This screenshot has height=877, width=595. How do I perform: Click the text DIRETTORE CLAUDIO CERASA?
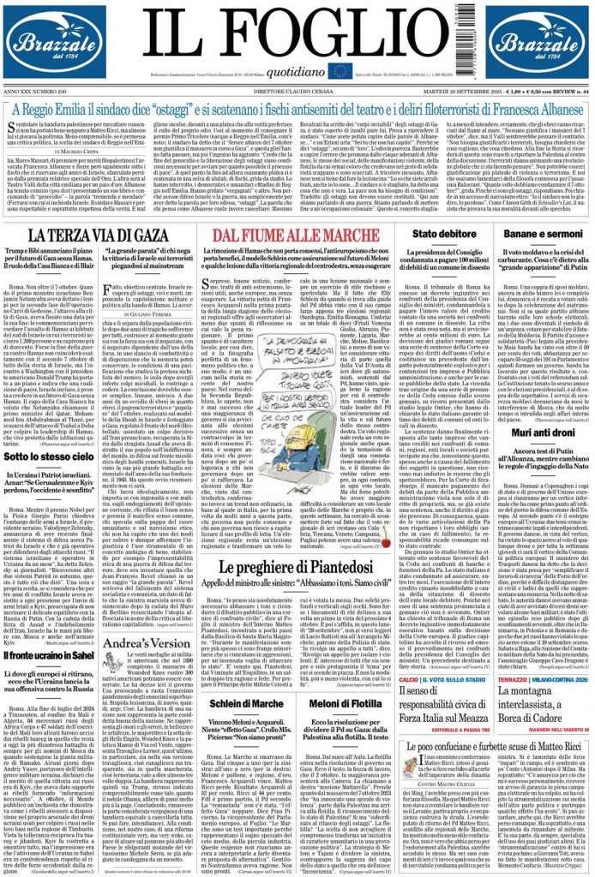pyautogui.click(x=296, y=91)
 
